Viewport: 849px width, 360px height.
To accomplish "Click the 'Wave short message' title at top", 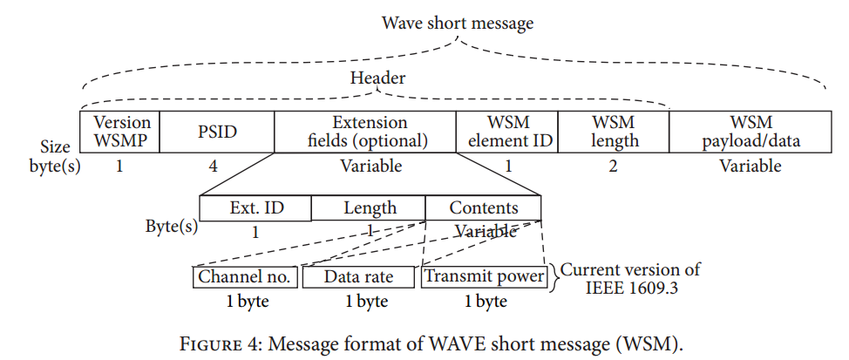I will [457, 23].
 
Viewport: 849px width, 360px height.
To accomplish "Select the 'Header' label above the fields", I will [377, 78].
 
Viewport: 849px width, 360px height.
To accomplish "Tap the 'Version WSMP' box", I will [121, 131].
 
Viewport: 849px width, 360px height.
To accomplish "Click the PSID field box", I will [217, 132].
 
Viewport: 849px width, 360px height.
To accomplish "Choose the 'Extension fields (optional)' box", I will [364, 131].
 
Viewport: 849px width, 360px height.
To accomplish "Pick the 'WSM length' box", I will [613, 131].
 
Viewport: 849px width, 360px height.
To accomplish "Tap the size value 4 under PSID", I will [213, 166].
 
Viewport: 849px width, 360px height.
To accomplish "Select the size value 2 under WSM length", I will [613, 166].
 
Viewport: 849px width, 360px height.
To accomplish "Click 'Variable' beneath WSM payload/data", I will [750, 166].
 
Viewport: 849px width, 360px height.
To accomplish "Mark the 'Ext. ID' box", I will [255, 208].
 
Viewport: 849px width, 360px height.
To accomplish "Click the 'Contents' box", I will [483, 208].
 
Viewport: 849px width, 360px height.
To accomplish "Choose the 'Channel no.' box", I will [245, 277].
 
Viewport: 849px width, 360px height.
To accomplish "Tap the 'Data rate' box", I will [358, 277].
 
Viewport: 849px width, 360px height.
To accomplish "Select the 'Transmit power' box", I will [484, 277].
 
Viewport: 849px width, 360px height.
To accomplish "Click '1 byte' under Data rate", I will [359, 302].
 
